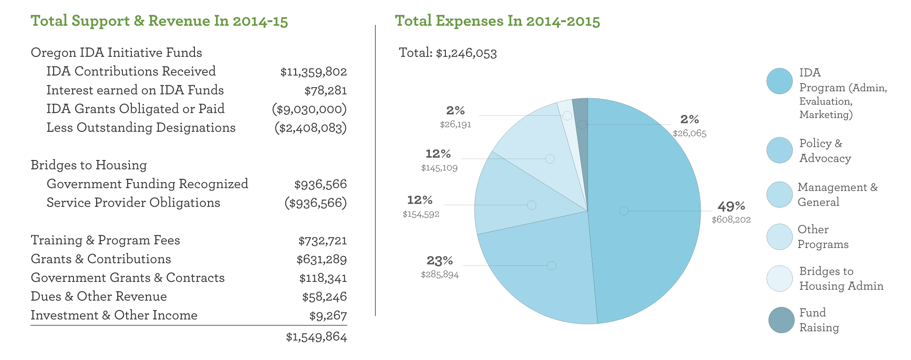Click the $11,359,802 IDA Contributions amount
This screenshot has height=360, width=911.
(x=313, y=72)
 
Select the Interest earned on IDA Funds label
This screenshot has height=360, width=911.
(x=135, y=90)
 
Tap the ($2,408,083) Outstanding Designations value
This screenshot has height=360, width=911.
(x=310, y=128)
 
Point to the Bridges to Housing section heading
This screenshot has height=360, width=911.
(x=89, y=165)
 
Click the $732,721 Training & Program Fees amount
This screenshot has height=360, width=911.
(x=322, y=241)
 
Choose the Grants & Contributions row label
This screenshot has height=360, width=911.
(x=101, y=259)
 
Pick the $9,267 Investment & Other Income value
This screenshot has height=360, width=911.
(x=328, y=316)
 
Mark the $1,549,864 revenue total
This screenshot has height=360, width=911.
(x=316, y=337)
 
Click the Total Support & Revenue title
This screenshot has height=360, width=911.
(x=159, y=21)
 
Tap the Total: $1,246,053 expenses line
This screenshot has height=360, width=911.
(x=447, y=53)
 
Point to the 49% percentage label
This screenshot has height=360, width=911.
(x=731, y=206)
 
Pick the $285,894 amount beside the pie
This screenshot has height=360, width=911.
(x=440, y=275)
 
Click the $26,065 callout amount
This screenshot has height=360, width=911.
(x=689, y=134)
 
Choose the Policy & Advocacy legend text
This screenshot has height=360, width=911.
(x=825, y=151)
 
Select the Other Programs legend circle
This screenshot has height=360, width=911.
(x=779, y=237)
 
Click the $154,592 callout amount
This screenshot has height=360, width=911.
(x=421, y=215)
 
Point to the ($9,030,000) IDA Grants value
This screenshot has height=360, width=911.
(x=309, y=109)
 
